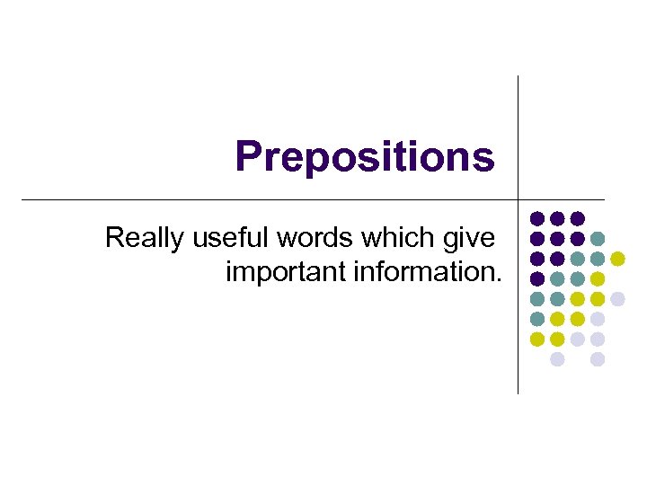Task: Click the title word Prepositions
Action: [364, 156]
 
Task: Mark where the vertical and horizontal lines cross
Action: [518, 198]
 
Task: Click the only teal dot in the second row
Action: [598, 238]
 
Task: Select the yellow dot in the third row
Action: [617, 259]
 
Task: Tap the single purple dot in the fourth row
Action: [537, 278]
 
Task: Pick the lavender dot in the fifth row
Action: [617, 298]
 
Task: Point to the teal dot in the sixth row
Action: [537, 319]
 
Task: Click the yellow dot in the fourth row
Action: [598, 278]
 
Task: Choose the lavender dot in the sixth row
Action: [598, 319]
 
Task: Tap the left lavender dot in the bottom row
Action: [557, 359]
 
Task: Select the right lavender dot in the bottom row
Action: [598, 359]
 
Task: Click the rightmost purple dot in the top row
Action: [577, 218]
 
